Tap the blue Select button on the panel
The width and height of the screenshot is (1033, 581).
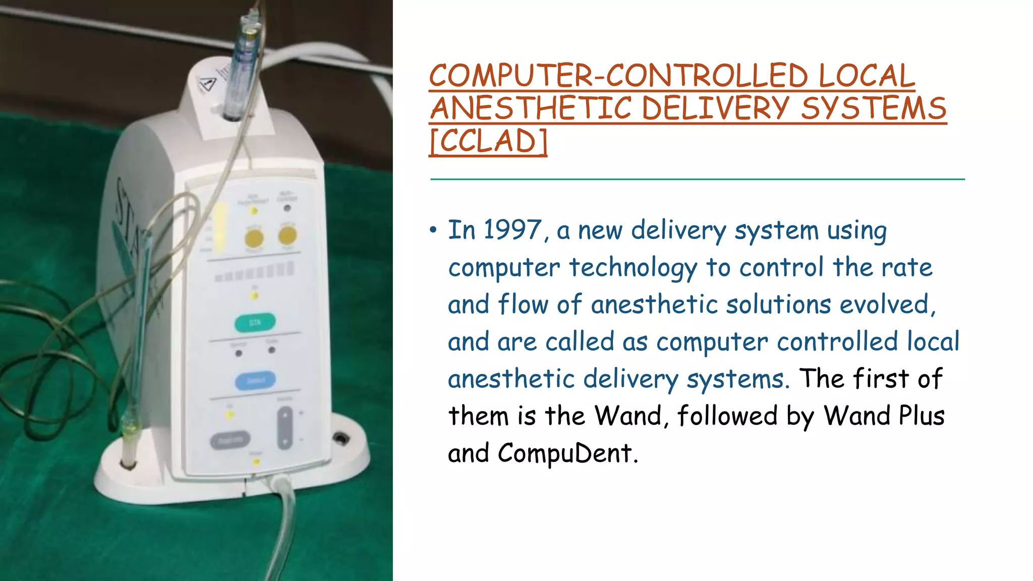click(x=255, y=380)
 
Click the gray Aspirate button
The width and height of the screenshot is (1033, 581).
click(x=230, y=440)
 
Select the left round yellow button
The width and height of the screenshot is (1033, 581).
click(x=254, y=238)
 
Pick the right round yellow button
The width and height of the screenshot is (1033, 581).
click(x=288, y=235)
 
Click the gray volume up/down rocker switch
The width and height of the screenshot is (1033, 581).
click(x=284, y=428)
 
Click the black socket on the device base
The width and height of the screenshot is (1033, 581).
click(x=341, y=438)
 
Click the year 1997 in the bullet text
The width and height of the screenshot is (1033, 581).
click(x=512, y=230)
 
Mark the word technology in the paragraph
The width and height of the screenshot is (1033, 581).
click(x=633, y=268)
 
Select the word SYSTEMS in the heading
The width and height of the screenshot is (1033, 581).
click(x=874, y=108)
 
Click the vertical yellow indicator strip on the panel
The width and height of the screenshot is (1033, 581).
click(x=221, y=228)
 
